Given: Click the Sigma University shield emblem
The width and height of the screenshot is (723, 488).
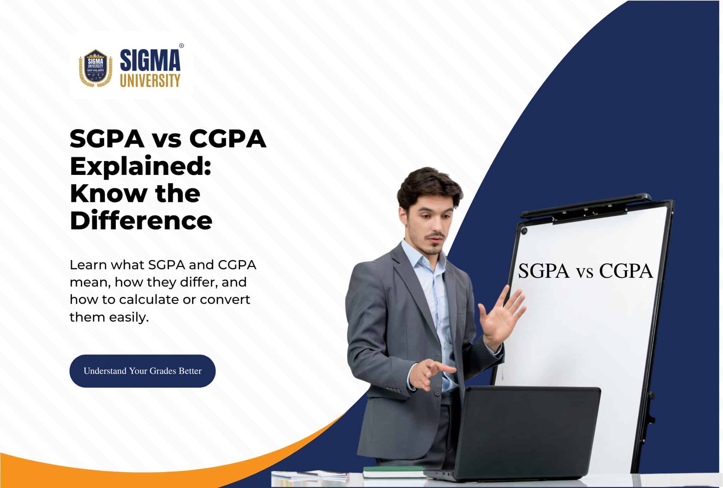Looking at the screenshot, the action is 95,67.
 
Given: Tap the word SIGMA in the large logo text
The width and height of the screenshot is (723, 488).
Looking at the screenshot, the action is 150,60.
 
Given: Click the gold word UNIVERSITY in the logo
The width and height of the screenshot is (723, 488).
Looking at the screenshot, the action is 150,80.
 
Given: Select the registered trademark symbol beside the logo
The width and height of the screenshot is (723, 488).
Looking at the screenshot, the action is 181,46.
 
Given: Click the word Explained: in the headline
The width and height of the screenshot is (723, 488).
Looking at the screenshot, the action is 141,166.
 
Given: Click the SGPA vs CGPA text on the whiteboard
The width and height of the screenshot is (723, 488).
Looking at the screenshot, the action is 585,271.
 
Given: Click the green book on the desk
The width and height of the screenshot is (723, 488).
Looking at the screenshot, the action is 394,472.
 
